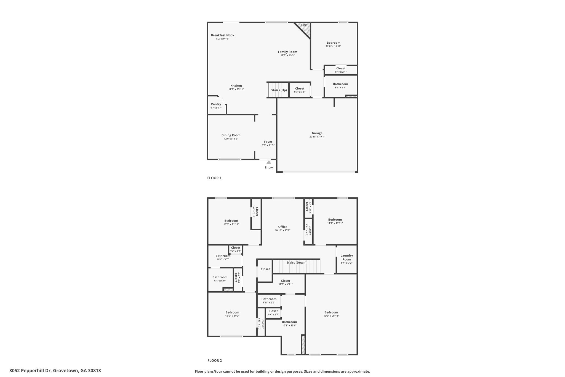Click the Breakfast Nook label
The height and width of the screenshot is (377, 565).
pos(222,35)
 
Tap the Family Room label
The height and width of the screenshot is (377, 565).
pos(287,52)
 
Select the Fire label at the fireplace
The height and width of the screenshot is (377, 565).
pos(304,25)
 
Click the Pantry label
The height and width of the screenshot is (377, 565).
pos(216,104)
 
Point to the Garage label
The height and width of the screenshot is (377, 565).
pos(317,133)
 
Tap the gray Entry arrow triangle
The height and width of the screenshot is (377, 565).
pos(269,162)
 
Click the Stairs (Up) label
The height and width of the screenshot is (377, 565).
pos(279,90)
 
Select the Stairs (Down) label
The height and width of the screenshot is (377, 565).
pos(296,262)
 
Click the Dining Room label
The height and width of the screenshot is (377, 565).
pos(231,135)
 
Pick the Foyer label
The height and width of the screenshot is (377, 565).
pos(268,142)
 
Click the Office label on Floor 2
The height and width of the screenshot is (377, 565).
pos(282,227)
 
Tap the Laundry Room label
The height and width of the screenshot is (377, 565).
pos(347,257)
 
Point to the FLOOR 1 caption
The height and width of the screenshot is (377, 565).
pos(214,178)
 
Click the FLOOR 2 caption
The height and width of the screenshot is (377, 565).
pos(214,360)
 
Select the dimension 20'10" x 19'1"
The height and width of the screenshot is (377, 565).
pos(317,137)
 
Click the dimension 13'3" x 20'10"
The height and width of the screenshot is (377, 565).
pos(331,316)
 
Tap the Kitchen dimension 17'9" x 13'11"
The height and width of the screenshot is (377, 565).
pos(236,89)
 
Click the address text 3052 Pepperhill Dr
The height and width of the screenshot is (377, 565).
pos(30,371)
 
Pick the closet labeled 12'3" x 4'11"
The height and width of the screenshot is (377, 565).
pos(286,283)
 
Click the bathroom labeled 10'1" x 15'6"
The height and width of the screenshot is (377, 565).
pos(289,323)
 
